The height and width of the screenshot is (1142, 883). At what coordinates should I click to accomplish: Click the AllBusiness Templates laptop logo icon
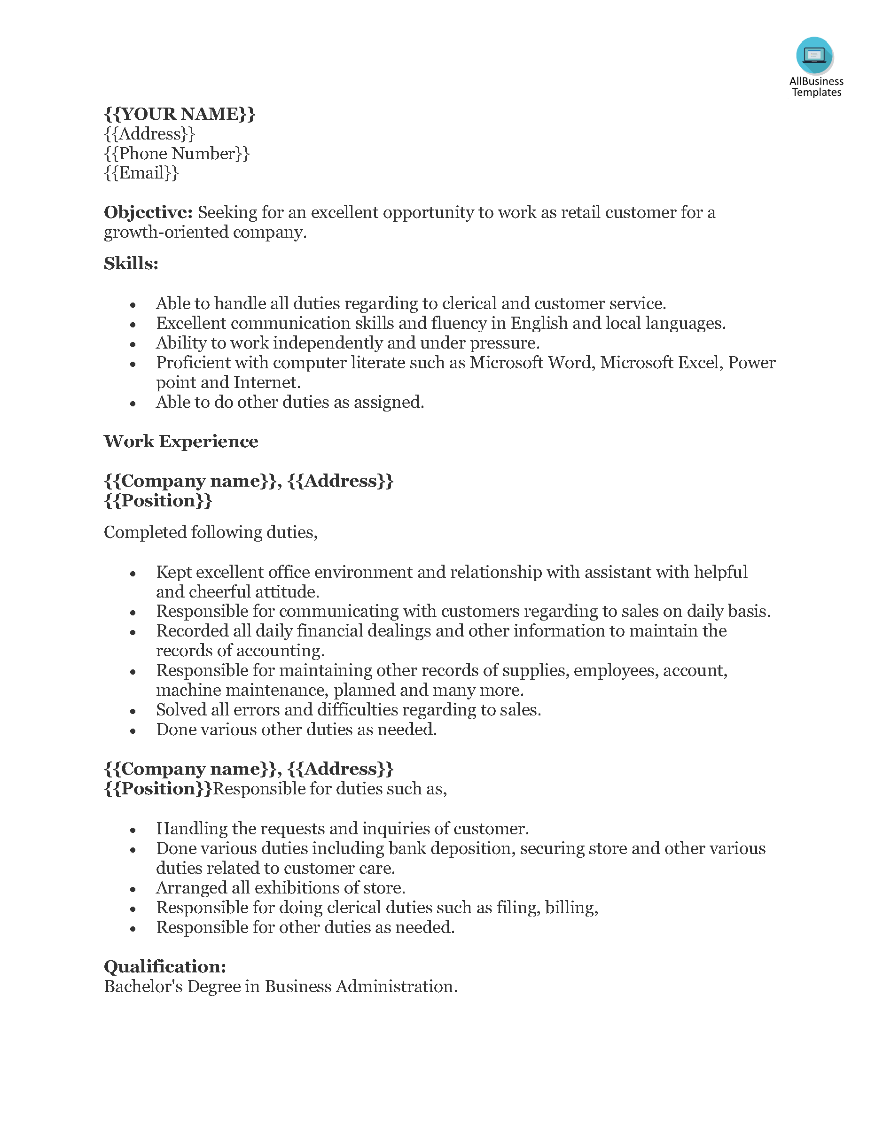814,55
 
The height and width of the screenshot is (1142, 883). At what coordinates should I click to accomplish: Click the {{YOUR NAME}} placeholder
180,114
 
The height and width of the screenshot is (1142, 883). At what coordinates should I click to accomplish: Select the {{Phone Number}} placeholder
177,154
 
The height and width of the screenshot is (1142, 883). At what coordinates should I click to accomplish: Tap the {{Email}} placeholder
141,173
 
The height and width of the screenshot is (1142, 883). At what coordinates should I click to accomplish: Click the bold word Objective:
148,212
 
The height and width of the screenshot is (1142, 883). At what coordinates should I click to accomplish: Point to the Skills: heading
131,264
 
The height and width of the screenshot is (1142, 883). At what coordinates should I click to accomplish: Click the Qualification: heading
165,966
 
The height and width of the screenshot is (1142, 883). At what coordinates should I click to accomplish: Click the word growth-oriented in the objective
166,232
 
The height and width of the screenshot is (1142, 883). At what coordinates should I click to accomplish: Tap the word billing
571,908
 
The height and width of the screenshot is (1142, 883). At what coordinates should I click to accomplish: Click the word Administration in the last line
396,986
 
